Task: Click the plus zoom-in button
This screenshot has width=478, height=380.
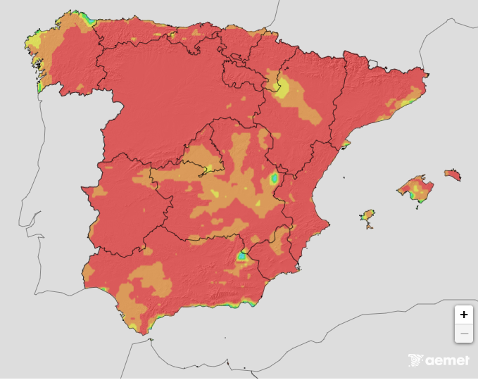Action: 463,315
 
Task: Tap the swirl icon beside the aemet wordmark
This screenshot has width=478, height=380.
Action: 415,360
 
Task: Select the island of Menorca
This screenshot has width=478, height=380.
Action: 452,174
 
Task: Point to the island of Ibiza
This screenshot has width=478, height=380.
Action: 367,215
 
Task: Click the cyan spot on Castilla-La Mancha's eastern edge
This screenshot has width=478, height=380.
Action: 274,179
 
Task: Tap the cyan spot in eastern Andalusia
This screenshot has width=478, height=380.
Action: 242,256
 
